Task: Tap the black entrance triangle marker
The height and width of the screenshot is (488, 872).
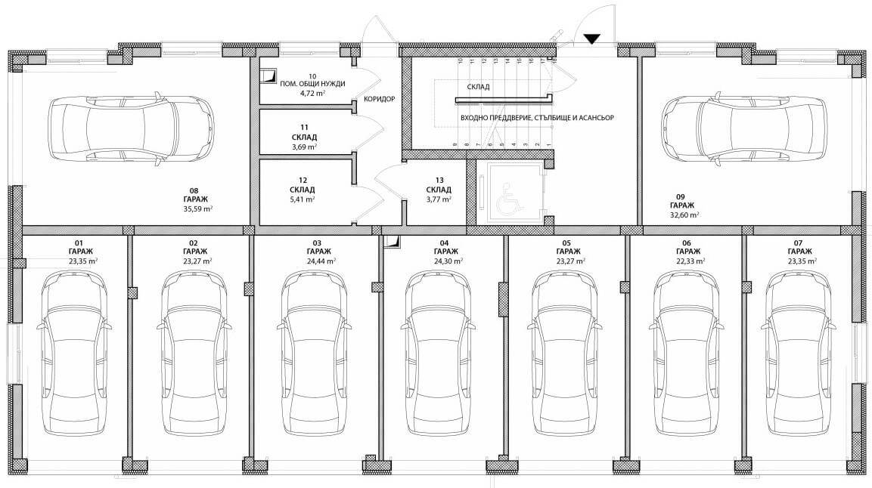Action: [592, 39]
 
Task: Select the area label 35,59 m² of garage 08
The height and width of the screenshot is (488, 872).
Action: [198, 209]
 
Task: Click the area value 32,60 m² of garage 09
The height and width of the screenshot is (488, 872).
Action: [684, 215]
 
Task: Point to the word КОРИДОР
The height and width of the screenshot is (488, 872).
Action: [379, 100]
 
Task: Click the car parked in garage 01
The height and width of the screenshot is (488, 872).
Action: [75, 354]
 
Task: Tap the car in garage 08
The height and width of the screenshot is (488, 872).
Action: [131, 129]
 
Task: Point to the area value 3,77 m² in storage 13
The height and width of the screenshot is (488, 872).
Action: [439, 199]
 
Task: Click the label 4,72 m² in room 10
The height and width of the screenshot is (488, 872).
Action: [312, 94]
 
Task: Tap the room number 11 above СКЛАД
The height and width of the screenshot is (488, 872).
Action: [304, 128]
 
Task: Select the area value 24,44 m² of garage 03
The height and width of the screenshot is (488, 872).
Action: [321, 261]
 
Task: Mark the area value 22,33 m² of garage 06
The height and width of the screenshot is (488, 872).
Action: [690, 261]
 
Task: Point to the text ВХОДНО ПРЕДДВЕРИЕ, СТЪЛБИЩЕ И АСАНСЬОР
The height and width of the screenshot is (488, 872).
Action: [537, 119]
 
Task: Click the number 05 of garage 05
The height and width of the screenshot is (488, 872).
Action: [566, 243]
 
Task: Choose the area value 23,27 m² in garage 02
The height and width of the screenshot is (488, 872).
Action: [197, 261]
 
